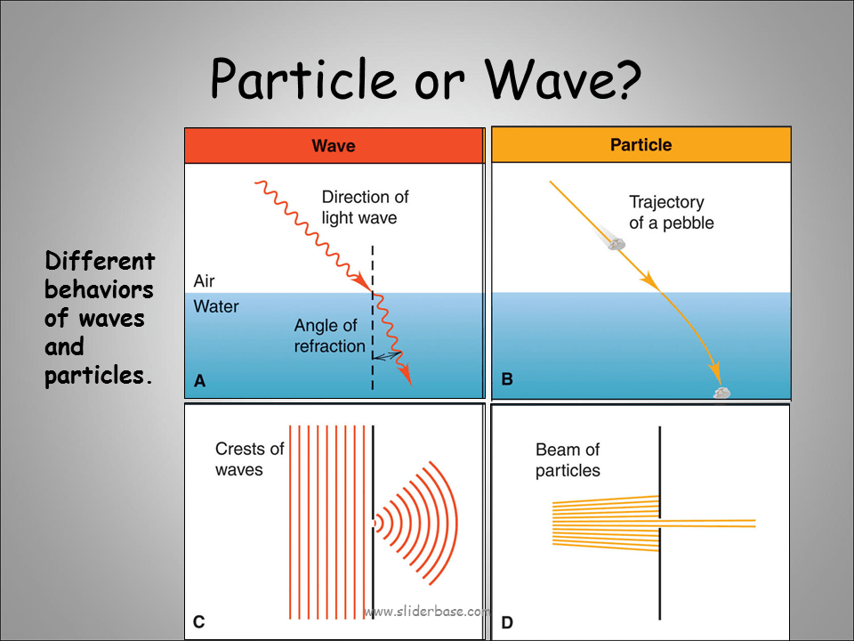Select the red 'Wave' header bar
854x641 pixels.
click(334, 145)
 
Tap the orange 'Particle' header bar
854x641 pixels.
click(640, 144)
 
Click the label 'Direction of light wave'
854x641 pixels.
click(365, 207)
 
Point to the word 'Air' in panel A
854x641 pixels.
click(204, 281)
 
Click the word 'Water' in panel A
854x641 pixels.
click(215, 307)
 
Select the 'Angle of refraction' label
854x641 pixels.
click(330, 337)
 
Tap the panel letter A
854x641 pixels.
click(199, 381)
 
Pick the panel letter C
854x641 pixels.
click(199, 621)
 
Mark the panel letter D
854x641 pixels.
click(507, 622)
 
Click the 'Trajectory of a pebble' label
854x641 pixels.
click(671, 213)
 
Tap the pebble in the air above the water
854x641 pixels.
click(612, 239)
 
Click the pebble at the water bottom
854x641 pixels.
click(721, 393)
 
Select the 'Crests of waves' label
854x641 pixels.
click(249, 458)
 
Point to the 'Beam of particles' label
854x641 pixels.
click(568, 460)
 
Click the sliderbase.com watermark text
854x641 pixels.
click(427, 612)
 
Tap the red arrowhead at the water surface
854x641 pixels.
click(364, 285)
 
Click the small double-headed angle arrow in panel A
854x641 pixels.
click(386, 354)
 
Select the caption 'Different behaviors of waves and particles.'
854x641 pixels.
click(99, 318)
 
